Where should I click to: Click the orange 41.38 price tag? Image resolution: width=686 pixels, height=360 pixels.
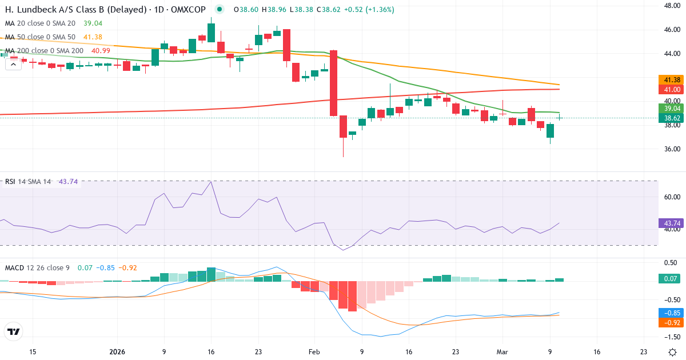[671, 80]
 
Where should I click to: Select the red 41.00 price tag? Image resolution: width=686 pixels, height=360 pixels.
[671, 90]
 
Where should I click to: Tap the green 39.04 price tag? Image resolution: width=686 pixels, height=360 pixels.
[671, 108]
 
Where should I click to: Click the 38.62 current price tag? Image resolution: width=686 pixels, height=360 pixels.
[671, 118]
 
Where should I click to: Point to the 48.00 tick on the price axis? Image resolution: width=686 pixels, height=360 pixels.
[671, 6]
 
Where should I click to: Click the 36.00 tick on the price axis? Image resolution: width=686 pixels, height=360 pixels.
[671, 149]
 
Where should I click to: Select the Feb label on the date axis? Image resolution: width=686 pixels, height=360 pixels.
[315, 352]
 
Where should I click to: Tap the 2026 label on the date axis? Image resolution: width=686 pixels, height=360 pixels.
[117, 352]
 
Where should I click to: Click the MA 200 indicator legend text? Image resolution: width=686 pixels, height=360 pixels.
[44, 51]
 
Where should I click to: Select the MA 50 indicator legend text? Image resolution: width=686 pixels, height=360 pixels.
[40, 37]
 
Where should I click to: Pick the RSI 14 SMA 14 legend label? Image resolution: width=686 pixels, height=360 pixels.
[27, 182]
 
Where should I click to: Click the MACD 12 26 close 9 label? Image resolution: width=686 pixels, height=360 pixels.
[38, 267]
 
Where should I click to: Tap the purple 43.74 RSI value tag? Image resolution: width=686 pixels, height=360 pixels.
[671, 223]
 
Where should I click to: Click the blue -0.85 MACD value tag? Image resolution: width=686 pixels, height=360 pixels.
[671, 313]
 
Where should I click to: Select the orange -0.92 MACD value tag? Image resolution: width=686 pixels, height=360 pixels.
[671, 322]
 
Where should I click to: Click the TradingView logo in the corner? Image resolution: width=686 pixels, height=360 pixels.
[13, 331]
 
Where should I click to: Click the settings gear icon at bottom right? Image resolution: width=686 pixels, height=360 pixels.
[672, 352]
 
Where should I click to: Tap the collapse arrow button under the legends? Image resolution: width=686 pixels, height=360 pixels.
[13, 64]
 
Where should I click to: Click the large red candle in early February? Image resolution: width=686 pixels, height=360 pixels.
[333, 83]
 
